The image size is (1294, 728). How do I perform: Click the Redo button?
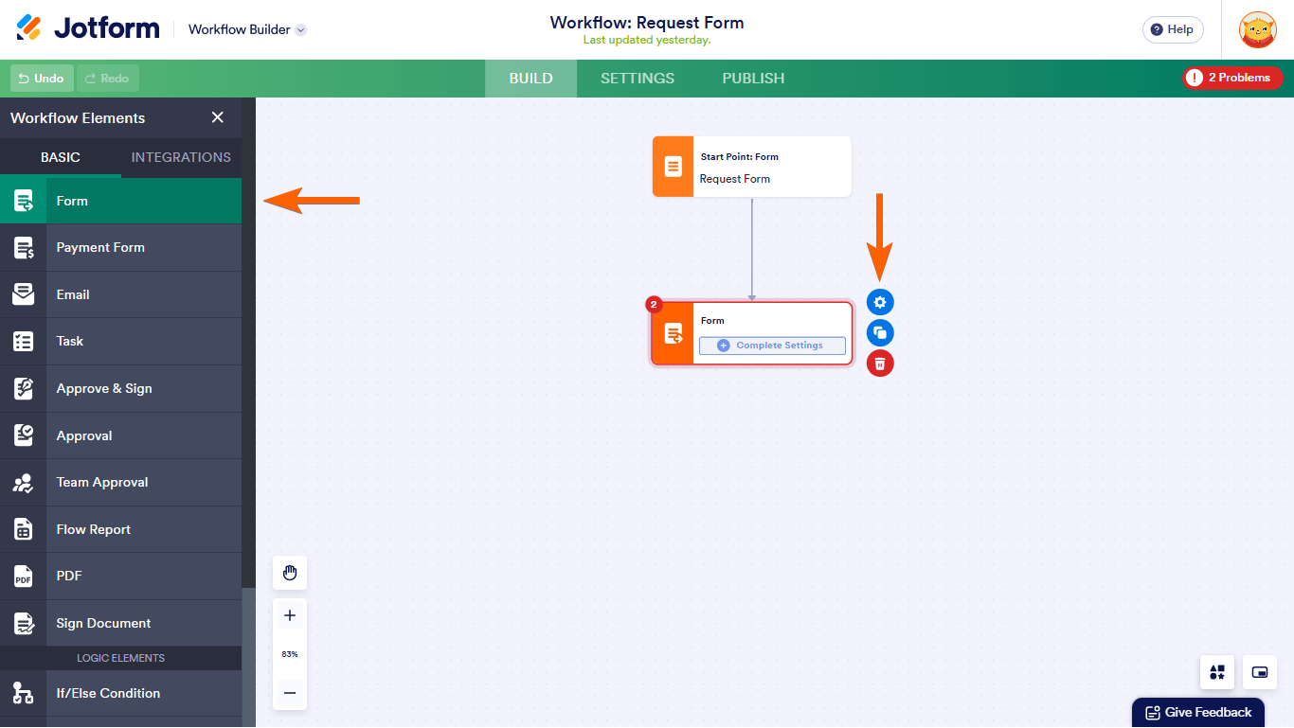[x=108, y=79]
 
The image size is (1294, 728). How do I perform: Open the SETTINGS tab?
[x=638, y=79]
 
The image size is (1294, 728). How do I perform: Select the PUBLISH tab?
[x=753, y=79]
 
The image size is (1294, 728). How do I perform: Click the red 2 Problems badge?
[x=1231, y=78]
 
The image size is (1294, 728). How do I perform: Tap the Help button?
[x=1172, y=29]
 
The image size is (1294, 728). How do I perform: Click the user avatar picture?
[x=1257, y=29]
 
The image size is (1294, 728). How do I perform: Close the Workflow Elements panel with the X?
[x=218, y=117]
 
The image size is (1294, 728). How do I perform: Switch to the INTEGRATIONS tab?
[x=181, y=157]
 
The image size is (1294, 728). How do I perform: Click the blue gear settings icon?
[x=880, y=302]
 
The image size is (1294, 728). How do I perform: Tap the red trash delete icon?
[x=880, y=363]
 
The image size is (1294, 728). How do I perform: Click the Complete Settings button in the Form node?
[x=772, y=346]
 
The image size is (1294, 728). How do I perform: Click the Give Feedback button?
[x=1198, y=713]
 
